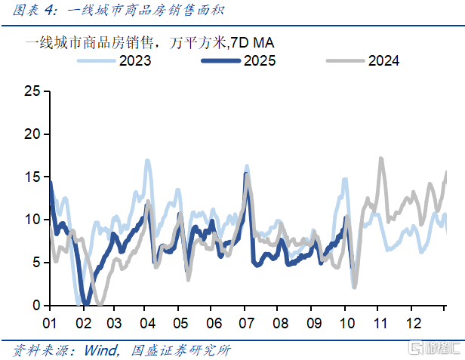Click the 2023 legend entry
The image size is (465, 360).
(x=134, y=61)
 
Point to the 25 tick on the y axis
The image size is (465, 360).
(x=31, y=91)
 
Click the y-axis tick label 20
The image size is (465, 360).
(x=31, y=134)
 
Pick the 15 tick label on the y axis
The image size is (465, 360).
(x=31, y=177)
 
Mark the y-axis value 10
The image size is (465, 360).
(x=31, y=220)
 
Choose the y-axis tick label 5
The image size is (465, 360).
(x=35, y=263)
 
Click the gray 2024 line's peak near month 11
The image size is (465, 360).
(x=381, y=158)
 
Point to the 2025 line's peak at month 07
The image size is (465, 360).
(x=245, y=174)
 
